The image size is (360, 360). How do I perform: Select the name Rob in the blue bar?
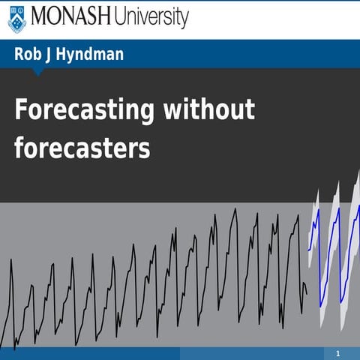(28, 54)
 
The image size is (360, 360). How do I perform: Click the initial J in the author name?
(52, 54)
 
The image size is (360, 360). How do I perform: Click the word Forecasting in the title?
(84, 111)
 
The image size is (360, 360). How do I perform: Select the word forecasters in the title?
(82, 148)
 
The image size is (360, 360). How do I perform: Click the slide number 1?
(338, 353)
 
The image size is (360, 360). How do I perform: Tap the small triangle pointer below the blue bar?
(38, 72)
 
